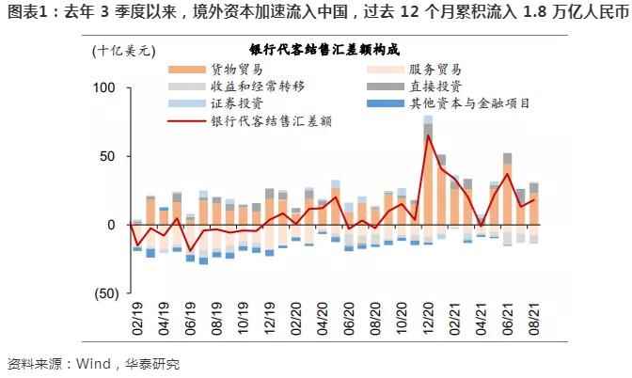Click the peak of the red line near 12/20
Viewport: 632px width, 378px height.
(428, 135)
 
